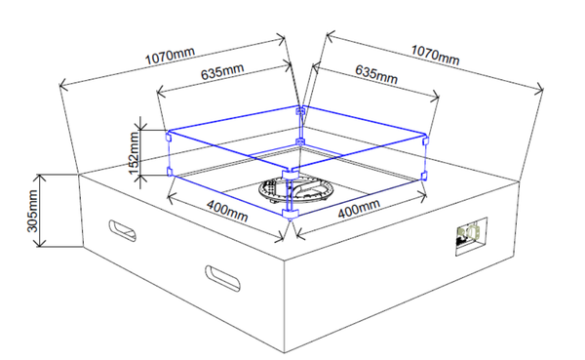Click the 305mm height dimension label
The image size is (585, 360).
(x=33, y=211)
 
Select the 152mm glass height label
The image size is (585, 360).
(x=134, y=153)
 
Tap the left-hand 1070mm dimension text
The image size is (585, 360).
(x=170, y=56)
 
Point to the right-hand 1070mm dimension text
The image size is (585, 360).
(x=435, y=55)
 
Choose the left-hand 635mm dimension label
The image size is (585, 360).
(x=222, y=71)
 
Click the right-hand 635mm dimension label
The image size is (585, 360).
(x=376, y=74)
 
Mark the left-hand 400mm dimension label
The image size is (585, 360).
(x=227, y=211)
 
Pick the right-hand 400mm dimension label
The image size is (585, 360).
(x=359, y=209)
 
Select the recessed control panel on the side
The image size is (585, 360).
(x=472, y=236)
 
